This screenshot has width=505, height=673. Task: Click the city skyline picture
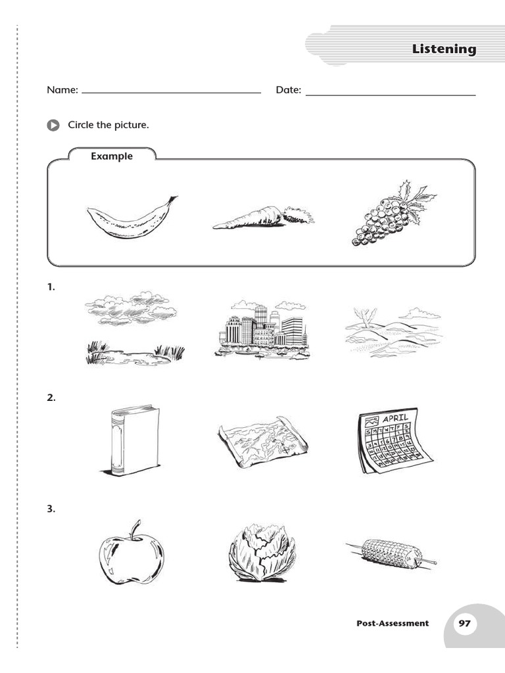pyautogui.click(x=261, y=331)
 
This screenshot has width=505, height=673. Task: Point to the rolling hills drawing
pyautogui.click(x=392, y=332)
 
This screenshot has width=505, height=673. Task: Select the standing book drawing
pyautogui.click(x=133, y=439)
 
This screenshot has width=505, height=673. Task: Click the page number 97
pyautogui.click(x=464, y=623)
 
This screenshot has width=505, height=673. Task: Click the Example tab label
pyautogui.click(x=112, y=156)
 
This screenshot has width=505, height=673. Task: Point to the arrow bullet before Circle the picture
pyautogui.click(x=53, y=126)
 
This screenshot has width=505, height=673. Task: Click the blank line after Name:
pyautogui.click(x=171, y=93)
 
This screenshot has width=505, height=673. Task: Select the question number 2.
pyautogui.click(x=51, y=398)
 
